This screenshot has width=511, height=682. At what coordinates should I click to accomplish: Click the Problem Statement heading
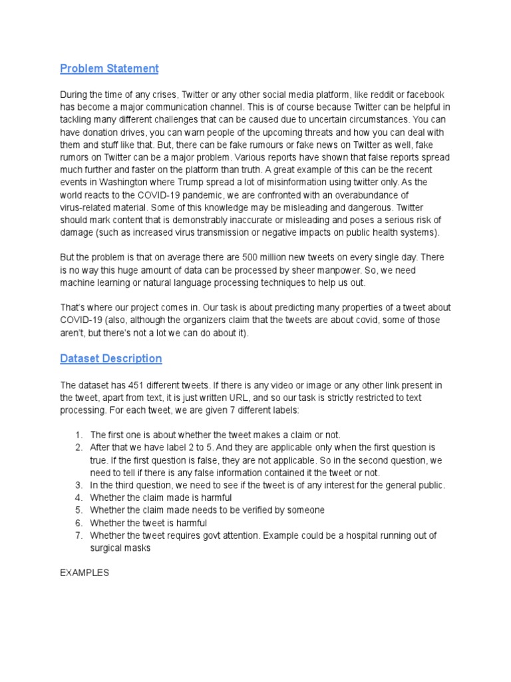pyautogui.click(x=109, y=69)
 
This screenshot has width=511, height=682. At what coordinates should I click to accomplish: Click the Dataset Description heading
pyautogui.click(x=110, y=358)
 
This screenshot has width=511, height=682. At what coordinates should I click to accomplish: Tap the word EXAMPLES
pyautogui.click(x=85, y=572)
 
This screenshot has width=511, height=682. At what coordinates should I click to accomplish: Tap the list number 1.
pyautogui.click(x=79, y=434)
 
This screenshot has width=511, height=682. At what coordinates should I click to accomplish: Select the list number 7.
pyautogui.click(x=79, y=535)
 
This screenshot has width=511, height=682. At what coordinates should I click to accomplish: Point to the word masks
pyautogui.click(x=136, y=547)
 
